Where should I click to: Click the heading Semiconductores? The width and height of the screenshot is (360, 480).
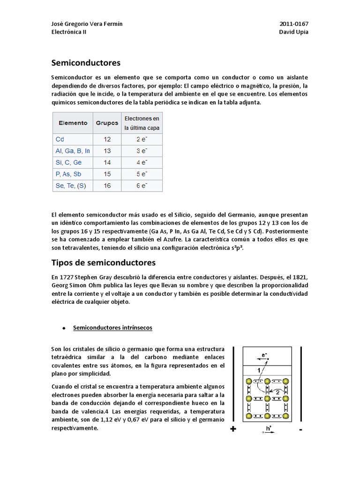pyautogui.click(x=86, y=62)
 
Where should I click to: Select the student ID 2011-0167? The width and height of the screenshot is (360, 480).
pyautogui.click(x=294, y=24)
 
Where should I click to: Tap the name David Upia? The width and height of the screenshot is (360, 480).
pyautogui.click(x=294, y=32)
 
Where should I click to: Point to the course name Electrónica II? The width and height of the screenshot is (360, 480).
pyautogui.click(x=68, y=32)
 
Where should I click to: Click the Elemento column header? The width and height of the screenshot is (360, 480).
pyautogui.click(x=73, y=123)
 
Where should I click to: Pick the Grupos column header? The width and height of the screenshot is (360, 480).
pyautogui.click(x=107, y=123)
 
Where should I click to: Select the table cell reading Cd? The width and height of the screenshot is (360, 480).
pyautogui.click(x=60, y=139)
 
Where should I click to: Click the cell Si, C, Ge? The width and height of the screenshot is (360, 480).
pyautogui.click(x=68, y=162)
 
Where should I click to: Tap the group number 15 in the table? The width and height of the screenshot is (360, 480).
pyautogui.click(x=107, y=174)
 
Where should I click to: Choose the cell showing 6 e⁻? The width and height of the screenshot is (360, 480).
pyautogui.click(x=142, y=186)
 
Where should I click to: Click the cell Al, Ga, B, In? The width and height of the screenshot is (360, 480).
pyautogui.click(x=72, y=151)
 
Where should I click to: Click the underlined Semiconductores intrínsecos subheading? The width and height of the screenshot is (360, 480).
pyautogui.click(x=112, y=328)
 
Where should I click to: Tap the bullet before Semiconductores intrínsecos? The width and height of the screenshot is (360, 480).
pyautogui.click(x=63, y=329)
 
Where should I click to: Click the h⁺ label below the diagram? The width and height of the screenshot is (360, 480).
pyautogui.click(x=269, y=428)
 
